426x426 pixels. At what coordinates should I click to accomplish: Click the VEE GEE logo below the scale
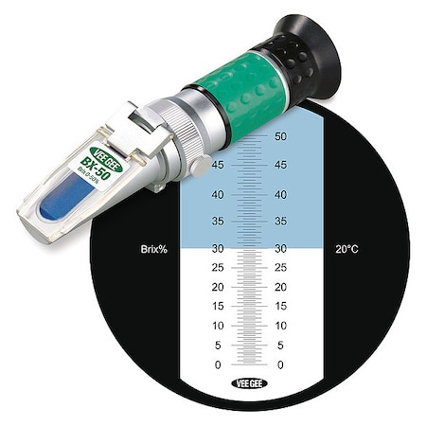tap(247, 384)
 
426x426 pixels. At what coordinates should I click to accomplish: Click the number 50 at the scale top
tap(279, 136)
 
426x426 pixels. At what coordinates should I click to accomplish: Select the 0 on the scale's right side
tap(279, 364)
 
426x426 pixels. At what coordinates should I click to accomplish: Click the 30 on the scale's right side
tap(279, 250)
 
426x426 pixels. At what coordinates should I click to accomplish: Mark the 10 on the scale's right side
tap(279, 326)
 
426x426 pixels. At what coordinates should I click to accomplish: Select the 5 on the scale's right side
tap(279, 346)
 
